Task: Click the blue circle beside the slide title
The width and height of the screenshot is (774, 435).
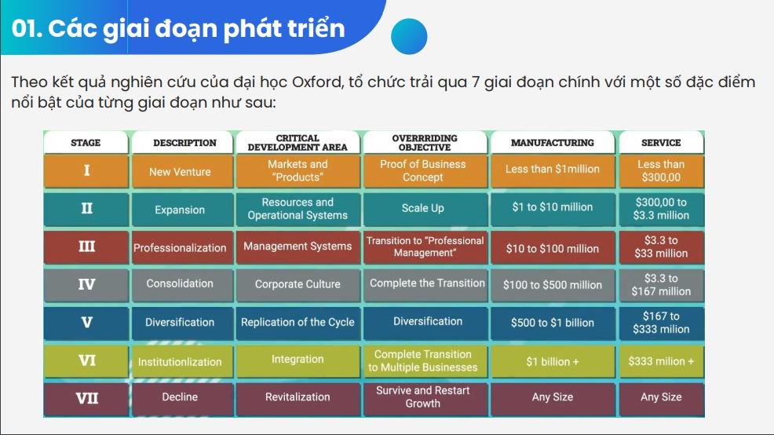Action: point(409,36)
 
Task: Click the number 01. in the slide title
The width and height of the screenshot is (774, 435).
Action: point(27,28)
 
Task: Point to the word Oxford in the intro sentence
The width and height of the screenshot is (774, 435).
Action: point(316,82)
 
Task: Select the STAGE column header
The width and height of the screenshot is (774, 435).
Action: point(86,143)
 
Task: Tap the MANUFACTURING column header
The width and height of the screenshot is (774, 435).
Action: point(553,143)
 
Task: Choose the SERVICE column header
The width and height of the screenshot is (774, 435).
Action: point(661,143)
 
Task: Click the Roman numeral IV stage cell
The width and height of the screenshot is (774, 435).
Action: point(86,284)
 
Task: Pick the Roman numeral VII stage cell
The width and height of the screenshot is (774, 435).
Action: point(86,398)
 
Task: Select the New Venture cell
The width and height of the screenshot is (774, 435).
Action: point(181,171)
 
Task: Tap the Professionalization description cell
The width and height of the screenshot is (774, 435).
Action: point(181,247)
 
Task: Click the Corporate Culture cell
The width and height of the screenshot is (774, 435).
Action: point(298,284)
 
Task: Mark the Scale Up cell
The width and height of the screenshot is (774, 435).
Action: point(423,208)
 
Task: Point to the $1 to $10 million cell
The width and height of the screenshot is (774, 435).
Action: point(553,207)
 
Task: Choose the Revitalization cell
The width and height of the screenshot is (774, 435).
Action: point(298,397)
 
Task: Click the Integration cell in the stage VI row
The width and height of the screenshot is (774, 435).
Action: point(298,360)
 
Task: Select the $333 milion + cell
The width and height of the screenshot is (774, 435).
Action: point(661,361)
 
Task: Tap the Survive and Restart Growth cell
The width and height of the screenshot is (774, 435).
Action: point(423,397)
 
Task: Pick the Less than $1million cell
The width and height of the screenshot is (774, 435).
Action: point(553,170)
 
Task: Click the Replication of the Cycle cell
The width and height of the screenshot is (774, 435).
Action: point(298,323)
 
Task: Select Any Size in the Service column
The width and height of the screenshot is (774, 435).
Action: point(661,397)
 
